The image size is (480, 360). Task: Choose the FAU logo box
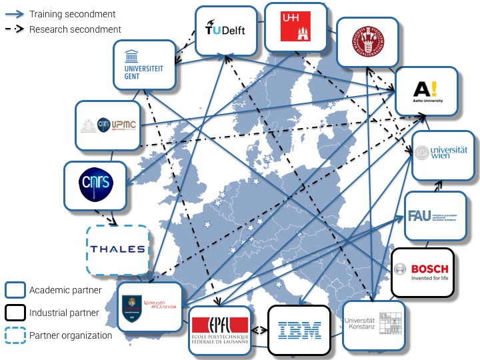pos(435,216)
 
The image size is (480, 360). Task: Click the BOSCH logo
pos(422,272)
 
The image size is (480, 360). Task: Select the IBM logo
pos(299,329)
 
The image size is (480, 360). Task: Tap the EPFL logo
pos(219,330)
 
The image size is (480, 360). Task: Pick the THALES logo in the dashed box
pos(118,249)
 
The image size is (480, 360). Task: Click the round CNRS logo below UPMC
pos(94,185)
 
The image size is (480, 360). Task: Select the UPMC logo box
pos(108,125)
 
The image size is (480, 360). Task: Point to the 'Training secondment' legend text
pos(72,14)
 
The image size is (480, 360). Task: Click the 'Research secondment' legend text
pos(75,29)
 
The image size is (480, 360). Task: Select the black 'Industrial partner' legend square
pos(15,313)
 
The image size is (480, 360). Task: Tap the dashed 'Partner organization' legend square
pos(15,335)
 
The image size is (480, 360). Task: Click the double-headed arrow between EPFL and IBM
pos(259,329)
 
